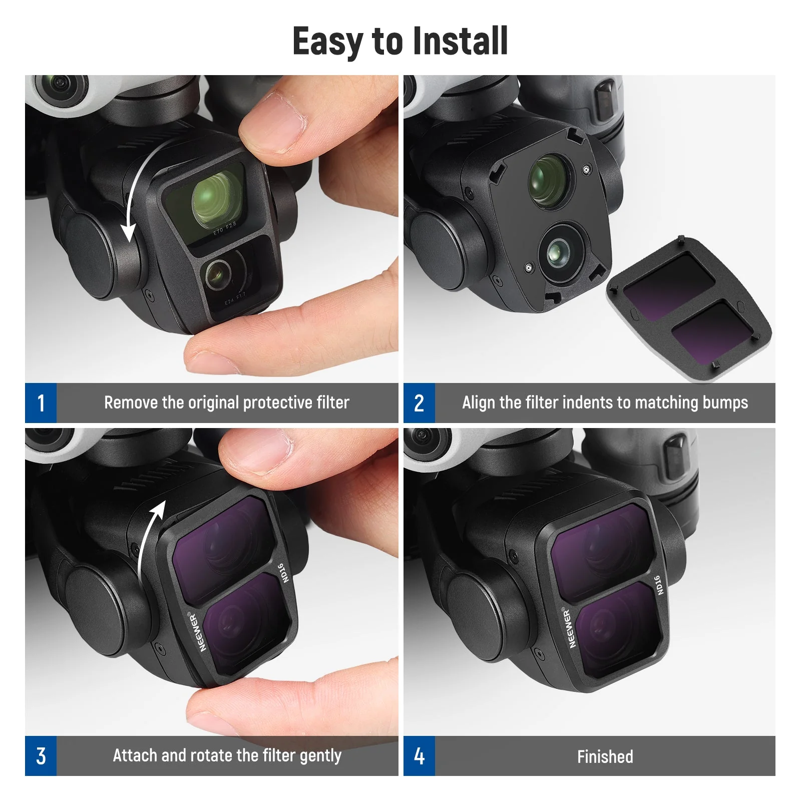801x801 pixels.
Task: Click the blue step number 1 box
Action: pyautogui.click(x=41, y=403)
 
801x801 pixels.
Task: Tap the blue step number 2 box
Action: pyautogui.click(x=419, y=403)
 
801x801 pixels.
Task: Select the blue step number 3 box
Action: pyautogui.click(x=41, y=756)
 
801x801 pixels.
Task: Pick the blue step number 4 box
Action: pyautogui.click(x=419, y=756)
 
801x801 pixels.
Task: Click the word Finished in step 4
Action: pyautogui.click(x=605, y=756)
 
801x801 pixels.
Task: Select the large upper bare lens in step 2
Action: pyautogui.click(x=549, y=181)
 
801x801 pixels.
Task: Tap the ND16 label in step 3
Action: pyautogui.click(x=284, y=573)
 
